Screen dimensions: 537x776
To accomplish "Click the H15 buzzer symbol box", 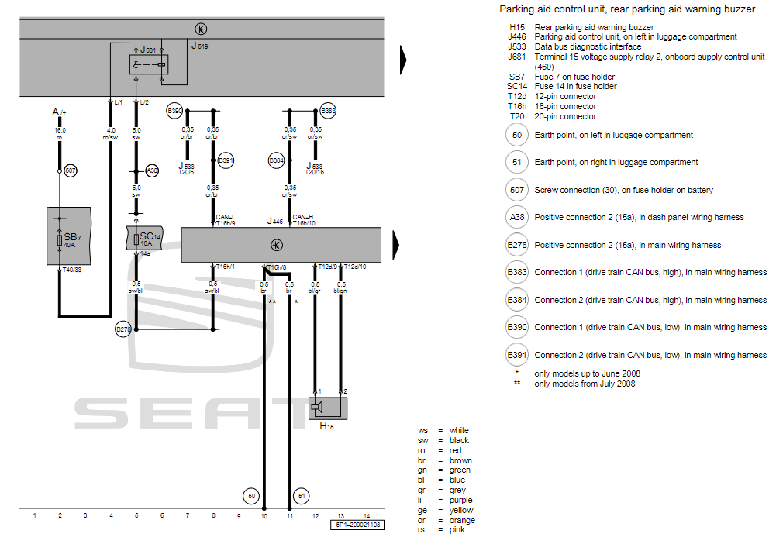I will coord(327,408).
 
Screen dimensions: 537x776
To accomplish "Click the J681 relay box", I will coord(148,64).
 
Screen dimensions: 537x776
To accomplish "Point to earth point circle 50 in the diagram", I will coord(250,495).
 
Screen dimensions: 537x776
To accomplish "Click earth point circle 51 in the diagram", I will coord(302,495).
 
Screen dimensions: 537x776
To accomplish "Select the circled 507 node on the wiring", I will coord(71,170).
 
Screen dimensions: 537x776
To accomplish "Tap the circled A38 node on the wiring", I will coord(152,170).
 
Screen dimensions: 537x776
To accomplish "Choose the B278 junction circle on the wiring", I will coord(123,330).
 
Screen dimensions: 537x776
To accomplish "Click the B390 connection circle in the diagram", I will coord(174,112).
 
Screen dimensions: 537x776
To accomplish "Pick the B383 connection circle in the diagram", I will coord(328,112).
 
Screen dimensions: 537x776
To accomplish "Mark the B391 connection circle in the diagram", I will coord(226,160).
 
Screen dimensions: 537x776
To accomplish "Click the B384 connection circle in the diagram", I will coord(276,160).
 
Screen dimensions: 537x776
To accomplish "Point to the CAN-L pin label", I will coord(226,217).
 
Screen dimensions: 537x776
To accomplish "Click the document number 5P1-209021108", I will coord(357,525).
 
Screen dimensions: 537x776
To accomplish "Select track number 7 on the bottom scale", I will coord(187,515).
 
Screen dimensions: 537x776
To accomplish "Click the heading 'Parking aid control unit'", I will coord(627,9).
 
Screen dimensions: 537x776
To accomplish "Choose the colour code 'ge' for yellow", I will coord(422,511).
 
